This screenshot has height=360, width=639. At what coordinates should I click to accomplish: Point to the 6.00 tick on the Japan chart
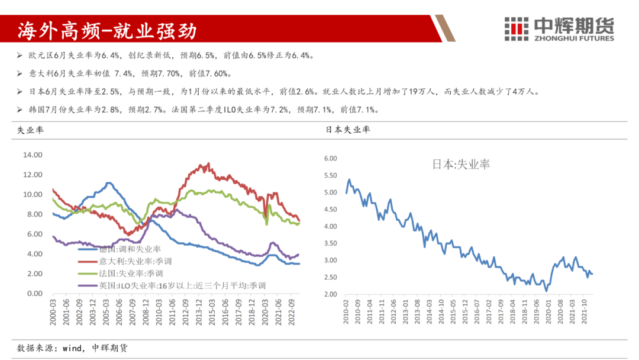click(330, 159)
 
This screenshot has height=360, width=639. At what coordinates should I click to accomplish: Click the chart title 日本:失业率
click(461, 164)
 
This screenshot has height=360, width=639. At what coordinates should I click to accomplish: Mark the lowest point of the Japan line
click(547, 291)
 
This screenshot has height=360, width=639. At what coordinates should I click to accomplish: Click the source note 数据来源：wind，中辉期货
click(72, 348)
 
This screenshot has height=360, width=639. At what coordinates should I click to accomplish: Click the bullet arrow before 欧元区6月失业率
click(21, 56)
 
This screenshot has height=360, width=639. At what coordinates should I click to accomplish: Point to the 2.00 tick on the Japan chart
click(330, 294)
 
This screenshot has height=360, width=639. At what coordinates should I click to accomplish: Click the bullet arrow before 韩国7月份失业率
click(21, 110)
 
